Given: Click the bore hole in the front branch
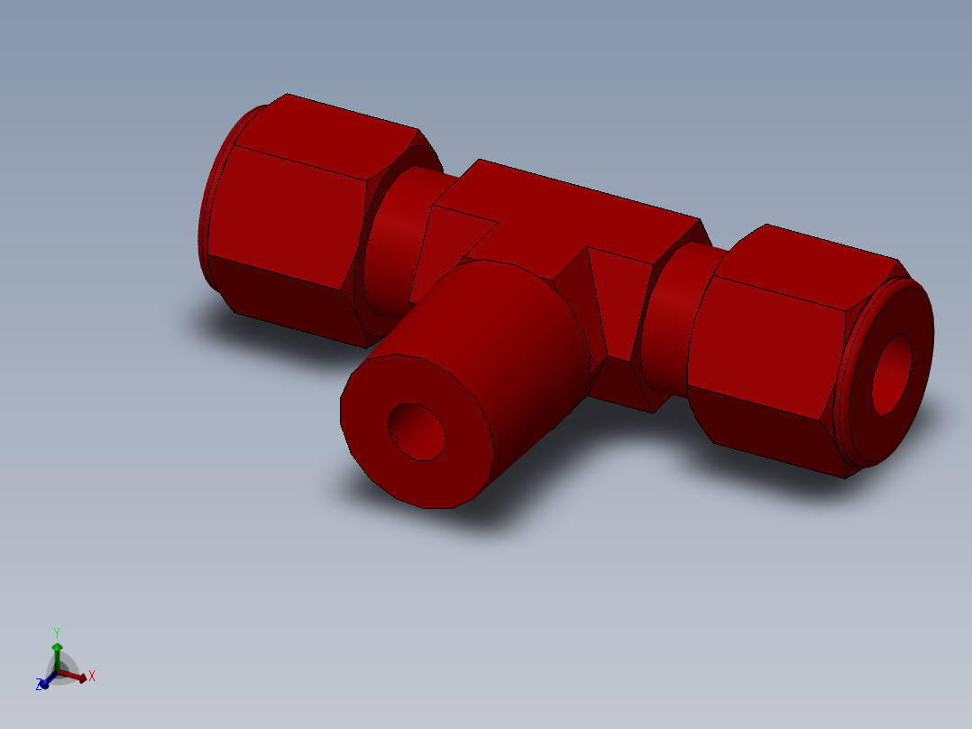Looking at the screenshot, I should (x=417, y=430).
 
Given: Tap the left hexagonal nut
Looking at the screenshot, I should (x=289, y=217).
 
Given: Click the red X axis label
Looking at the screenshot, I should (x=92, y=676).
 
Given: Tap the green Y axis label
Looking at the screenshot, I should (x=56, y=632).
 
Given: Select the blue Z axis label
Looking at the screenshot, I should (x=40, y=686).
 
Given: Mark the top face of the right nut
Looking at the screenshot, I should (x=821, y=262).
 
